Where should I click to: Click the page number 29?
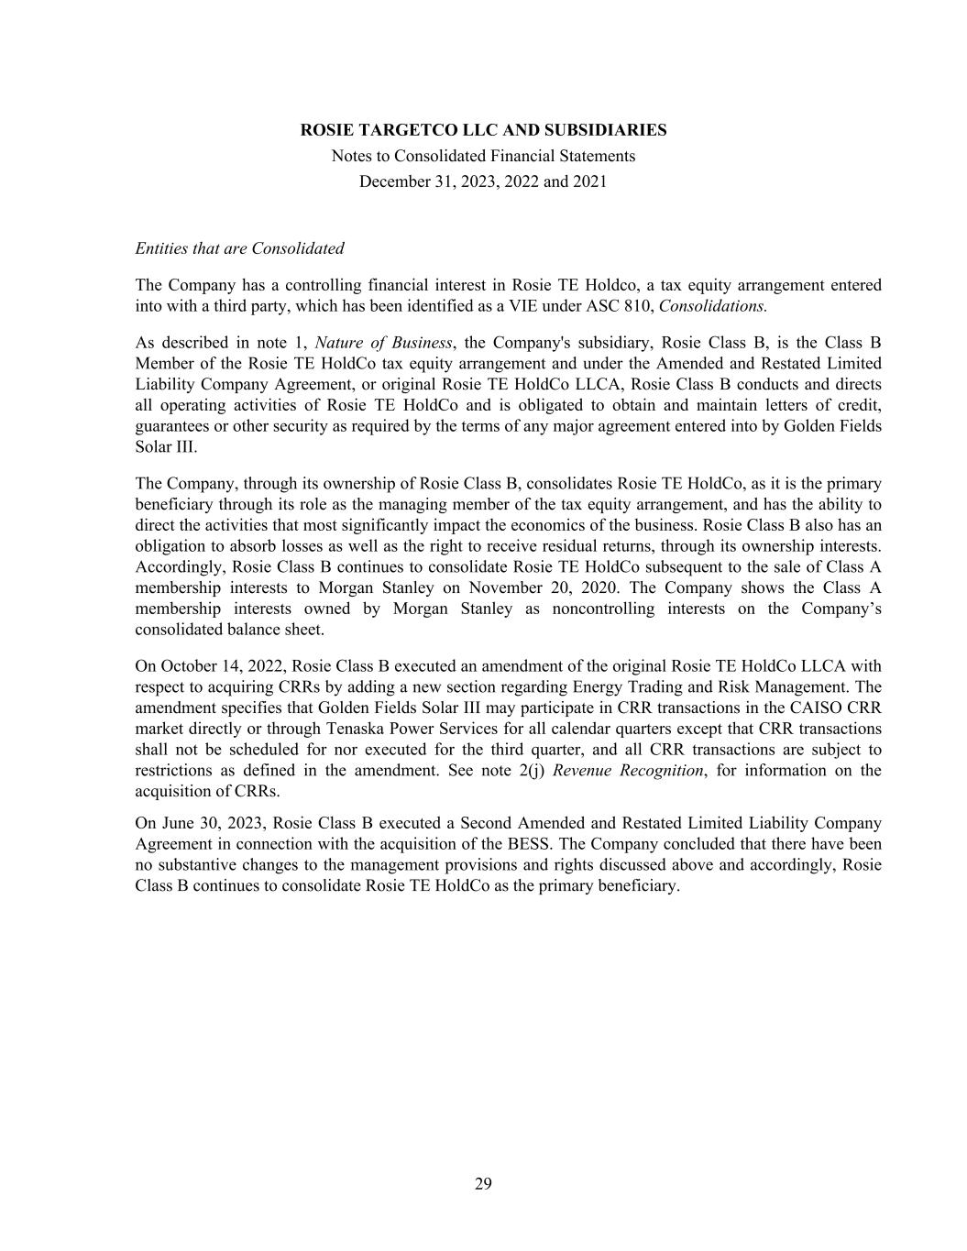point(483,1184)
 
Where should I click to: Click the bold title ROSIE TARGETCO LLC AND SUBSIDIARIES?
point(483,130)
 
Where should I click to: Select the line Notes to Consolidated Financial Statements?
point(483,156)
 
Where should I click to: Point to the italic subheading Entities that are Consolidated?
point(239,248)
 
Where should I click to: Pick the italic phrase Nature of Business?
point(383,343)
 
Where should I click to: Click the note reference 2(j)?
point(527,770)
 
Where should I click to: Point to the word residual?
point(610,546)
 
